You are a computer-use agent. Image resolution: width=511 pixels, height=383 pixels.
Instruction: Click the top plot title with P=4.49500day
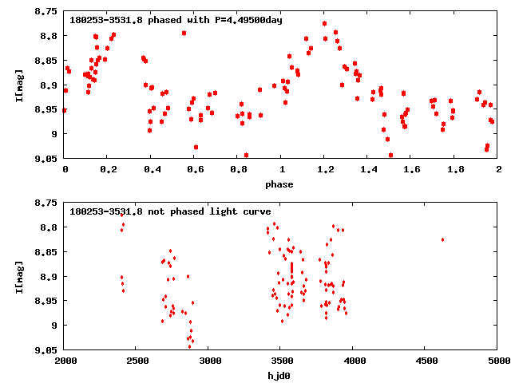click(x=176, y=19)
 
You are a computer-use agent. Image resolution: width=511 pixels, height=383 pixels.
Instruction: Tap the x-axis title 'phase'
click(x=281, y=184)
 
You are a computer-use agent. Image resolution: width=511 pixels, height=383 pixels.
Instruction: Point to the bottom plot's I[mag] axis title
click(x=19, y=277)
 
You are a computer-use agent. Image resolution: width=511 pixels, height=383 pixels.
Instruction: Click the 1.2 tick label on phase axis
click(x=325, y=170)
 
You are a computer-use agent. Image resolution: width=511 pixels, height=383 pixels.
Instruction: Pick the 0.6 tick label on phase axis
click(x=195, y=170)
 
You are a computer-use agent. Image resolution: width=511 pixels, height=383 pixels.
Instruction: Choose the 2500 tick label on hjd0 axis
click(x=137, y=361)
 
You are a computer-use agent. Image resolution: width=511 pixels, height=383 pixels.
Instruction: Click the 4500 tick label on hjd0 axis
click(x=426, y=361)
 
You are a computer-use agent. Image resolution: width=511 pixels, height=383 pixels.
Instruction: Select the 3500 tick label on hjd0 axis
click(x=281, y=361)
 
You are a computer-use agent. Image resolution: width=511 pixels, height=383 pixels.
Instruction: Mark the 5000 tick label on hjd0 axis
click(x=497, y=361)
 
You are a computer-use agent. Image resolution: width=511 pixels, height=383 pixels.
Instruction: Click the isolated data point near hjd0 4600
click(x=442, y=239)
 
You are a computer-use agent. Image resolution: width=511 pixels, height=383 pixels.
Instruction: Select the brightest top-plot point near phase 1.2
click(x=324, y=24)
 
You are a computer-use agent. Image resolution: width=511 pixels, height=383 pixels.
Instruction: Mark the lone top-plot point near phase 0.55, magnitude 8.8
click(x=184, y=33)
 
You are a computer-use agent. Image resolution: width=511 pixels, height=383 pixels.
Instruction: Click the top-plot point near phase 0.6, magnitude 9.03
click(x=196, y=147)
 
